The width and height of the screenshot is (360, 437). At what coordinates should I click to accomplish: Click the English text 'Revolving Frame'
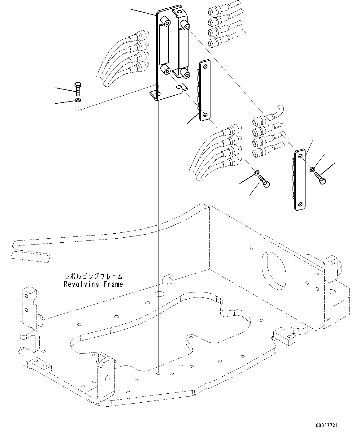[x=93, y=284]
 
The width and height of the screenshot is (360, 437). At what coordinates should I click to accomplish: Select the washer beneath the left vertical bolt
[x=78, y=100]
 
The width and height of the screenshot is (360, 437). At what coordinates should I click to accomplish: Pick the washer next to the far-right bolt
[x=313, y=169]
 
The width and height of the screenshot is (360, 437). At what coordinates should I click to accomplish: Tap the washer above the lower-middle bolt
[x=257, y=172]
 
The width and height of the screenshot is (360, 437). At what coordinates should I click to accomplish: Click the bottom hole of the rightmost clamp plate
[x=301, y=204]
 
